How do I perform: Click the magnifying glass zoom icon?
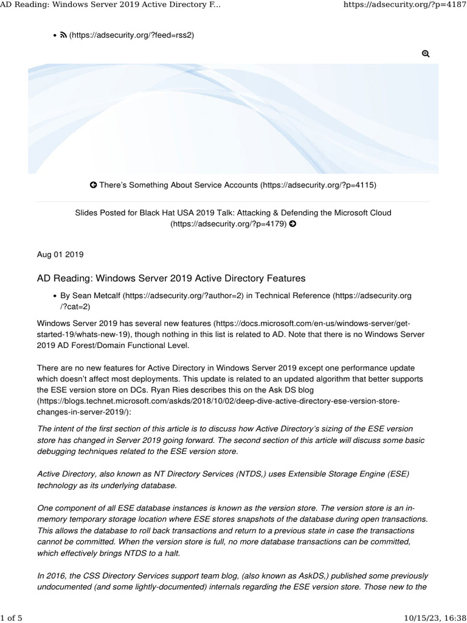[426, 54]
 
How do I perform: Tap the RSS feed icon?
[63, 35]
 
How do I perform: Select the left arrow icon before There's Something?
[93, 184]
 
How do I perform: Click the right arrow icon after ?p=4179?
[293, 224]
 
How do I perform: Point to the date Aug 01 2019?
[60, 254]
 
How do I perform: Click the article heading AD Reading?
[171, 278]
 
